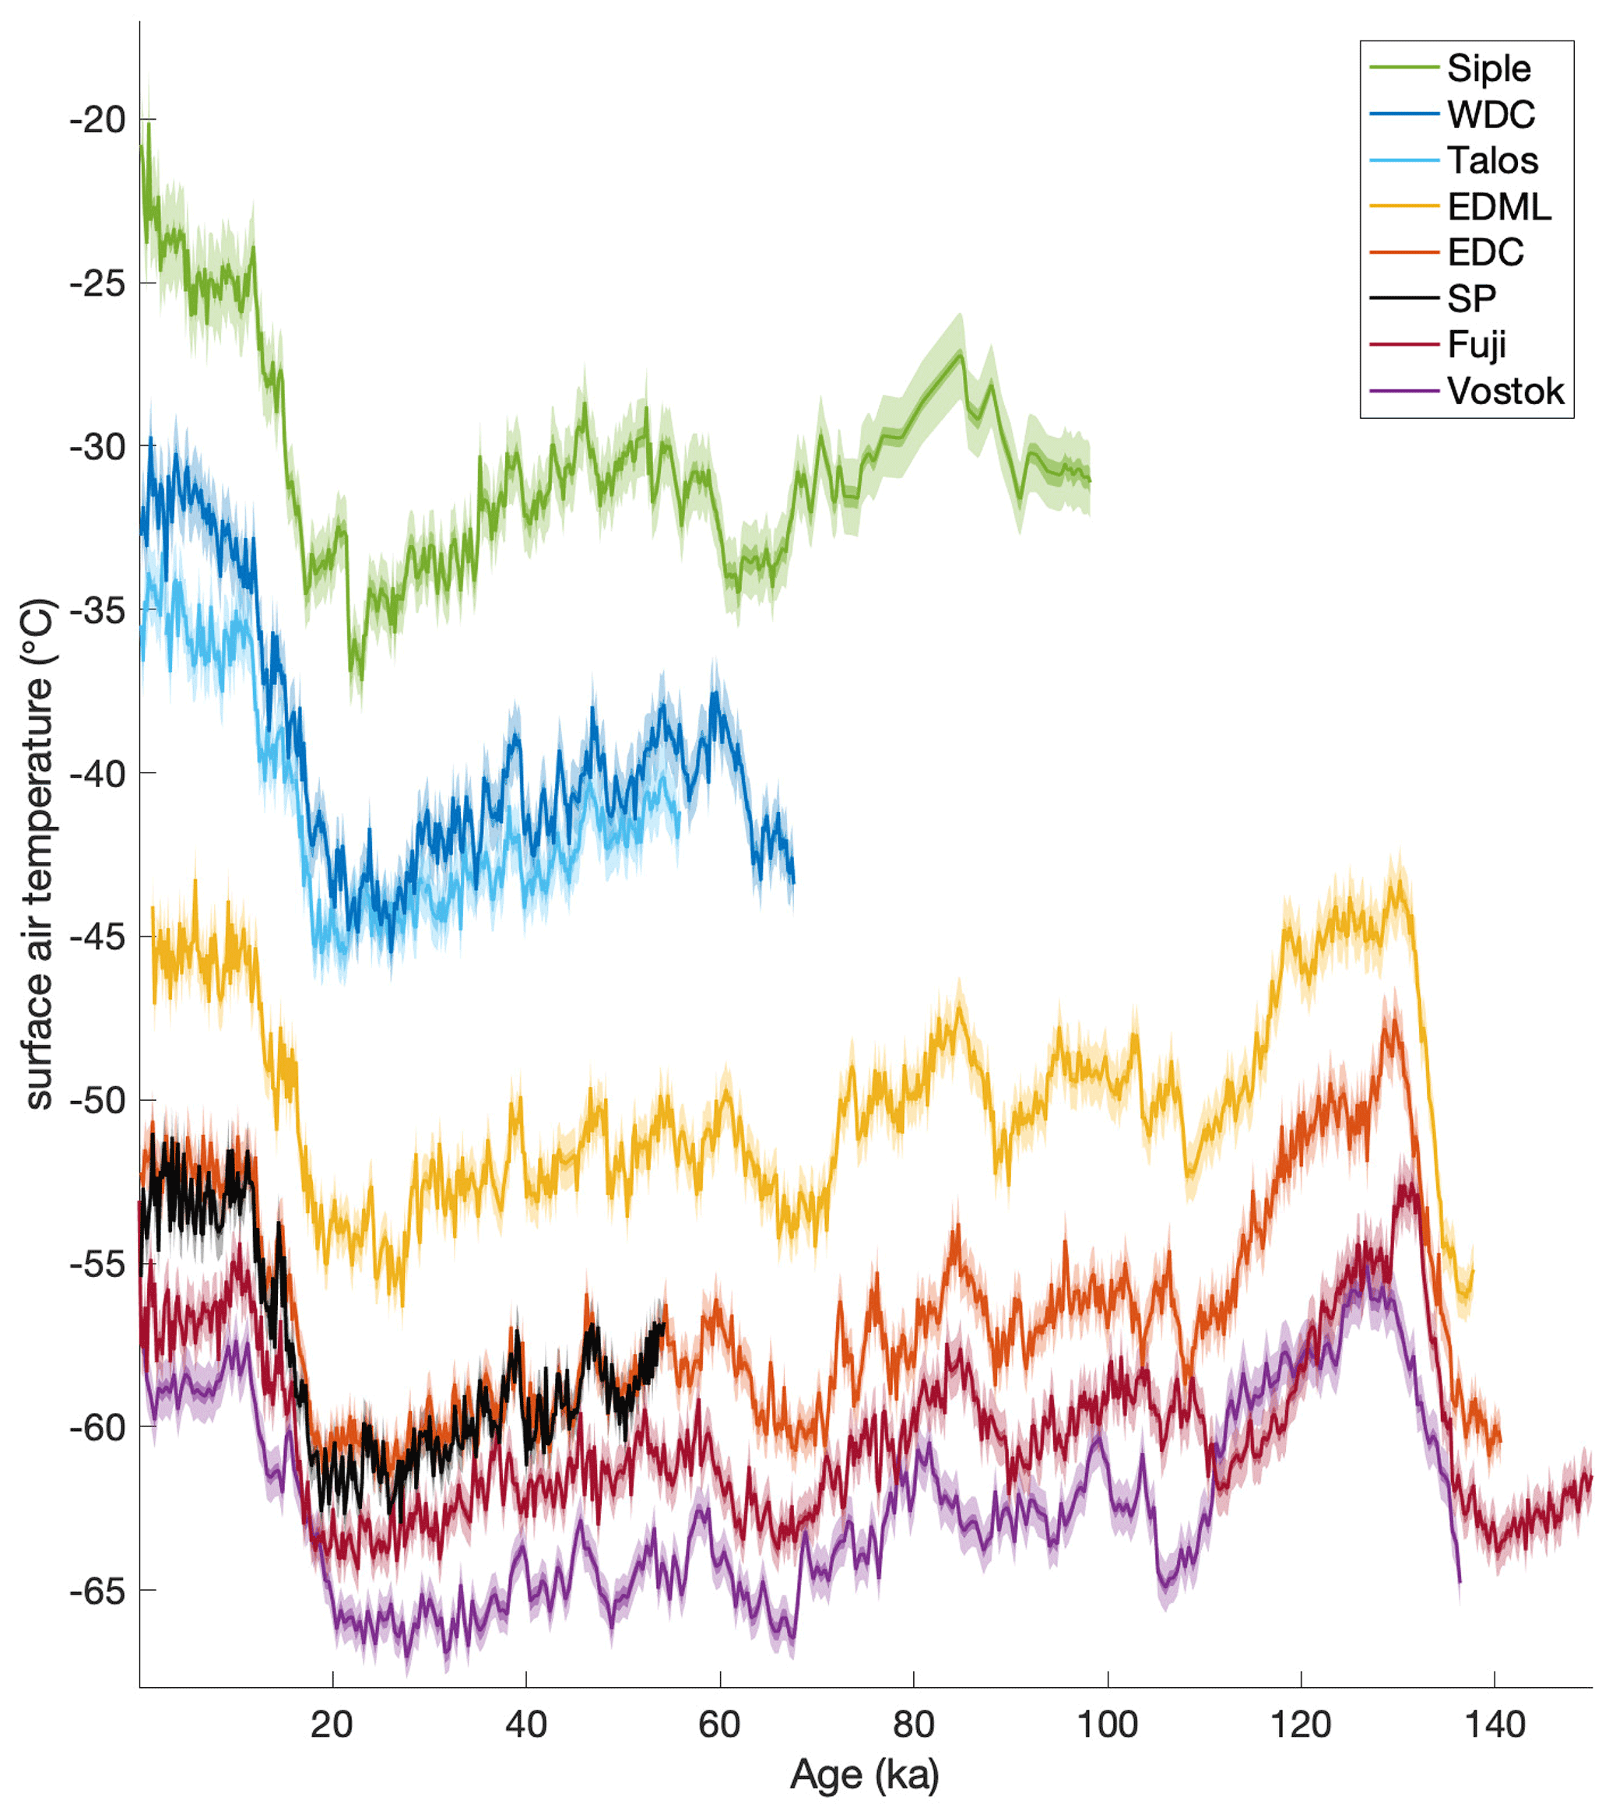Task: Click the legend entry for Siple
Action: [x=1488, y=69]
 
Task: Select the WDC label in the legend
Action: [x=1491, y=114]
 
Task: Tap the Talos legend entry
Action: [x=1492, y=161]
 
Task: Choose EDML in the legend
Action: [x=1498, y=207]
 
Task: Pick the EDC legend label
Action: [x=1485, y=252]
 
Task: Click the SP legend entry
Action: [x=1471, y=299]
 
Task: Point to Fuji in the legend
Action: [x=1477, y=345]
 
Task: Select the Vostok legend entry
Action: [x=1505, y=392]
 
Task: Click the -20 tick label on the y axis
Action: [x=98, y=119]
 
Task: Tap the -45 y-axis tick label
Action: [x=98, y=937]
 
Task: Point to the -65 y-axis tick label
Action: [x=98, y=1591]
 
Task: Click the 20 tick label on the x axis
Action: [x=332, y=1725]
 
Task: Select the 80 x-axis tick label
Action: [x=913, y=1725]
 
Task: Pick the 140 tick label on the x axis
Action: [x=1495, y=1725]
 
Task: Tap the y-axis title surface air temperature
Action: [x=39, y=854]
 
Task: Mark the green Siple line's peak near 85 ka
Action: [x=961, y=354]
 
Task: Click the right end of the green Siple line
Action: [x=1090, y=481]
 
